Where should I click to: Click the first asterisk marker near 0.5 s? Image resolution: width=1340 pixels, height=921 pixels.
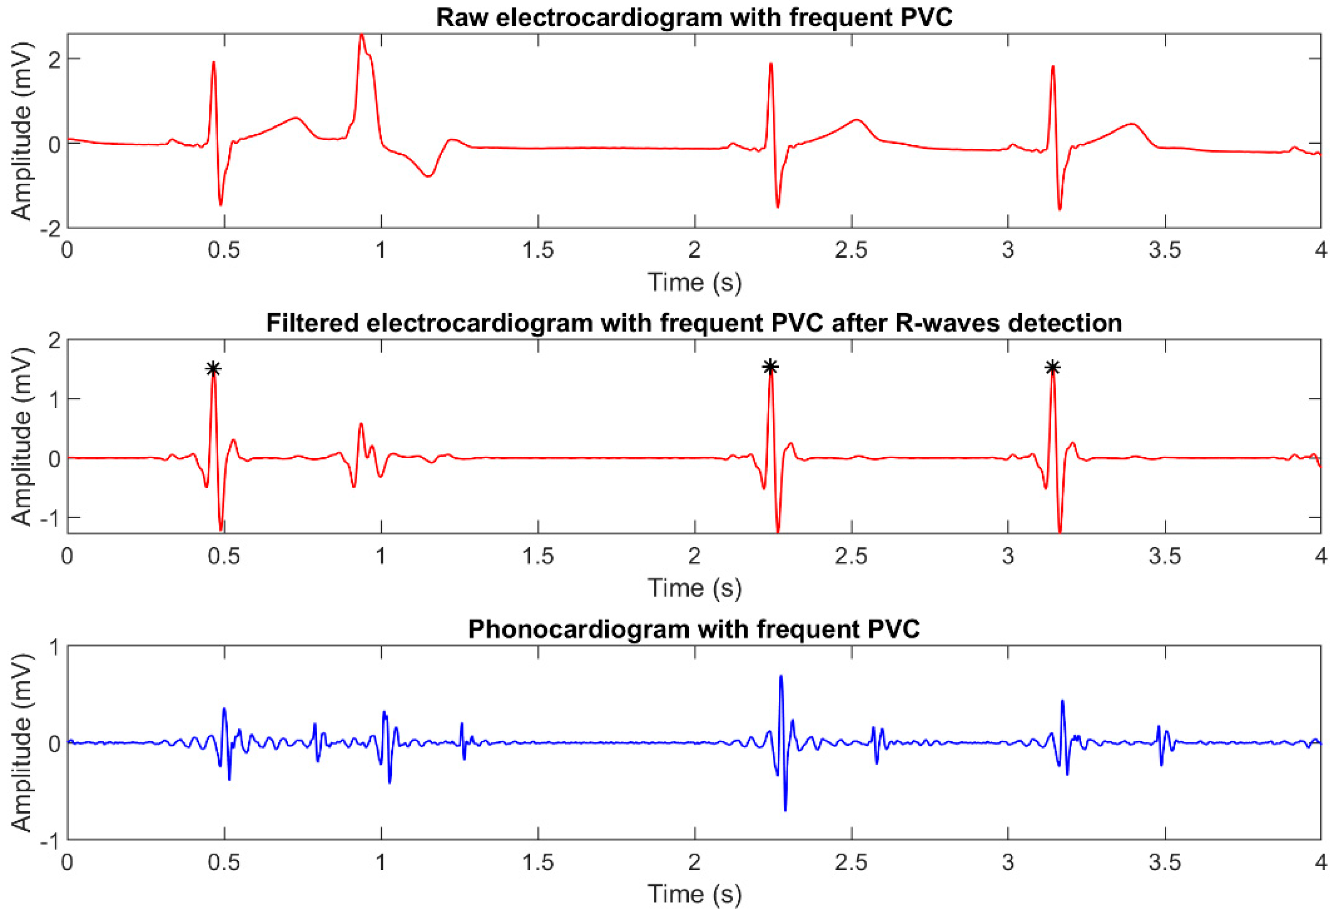tap(213, 368)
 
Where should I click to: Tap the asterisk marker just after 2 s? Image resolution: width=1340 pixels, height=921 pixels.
tap(770, 366)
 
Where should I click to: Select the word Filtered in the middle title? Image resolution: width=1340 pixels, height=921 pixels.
tap(312, 323)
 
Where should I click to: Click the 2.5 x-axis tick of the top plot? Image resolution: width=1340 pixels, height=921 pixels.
tap(851, 250)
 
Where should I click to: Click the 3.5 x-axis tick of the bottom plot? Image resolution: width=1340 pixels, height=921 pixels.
tap(1165, 862)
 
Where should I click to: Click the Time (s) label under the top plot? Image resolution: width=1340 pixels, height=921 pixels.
tap(694, 283)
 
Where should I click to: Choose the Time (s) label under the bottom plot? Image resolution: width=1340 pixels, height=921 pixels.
tap(694, 894)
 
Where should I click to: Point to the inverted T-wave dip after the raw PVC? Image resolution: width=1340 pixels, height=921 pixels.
tap(427, 176)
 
